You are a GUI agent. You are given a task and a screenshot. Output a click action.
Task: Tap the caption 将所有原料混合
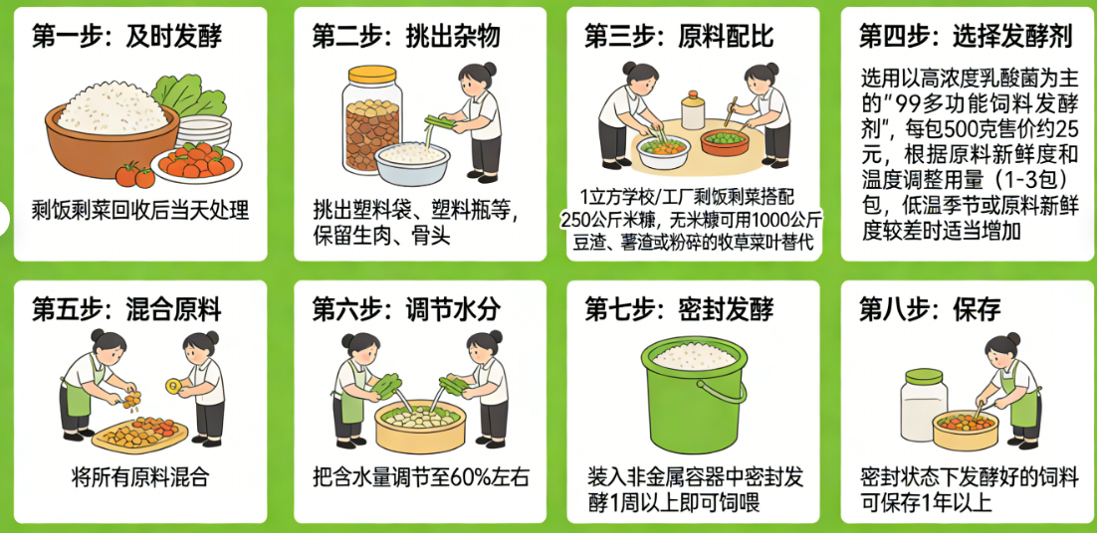coord(140,475)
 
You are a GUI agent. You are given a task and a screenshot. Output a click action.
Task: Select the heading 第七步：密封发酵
coord(679,309)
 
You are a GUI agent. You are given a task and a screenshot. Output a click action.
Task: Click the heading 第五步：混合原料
coord(127,309)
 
